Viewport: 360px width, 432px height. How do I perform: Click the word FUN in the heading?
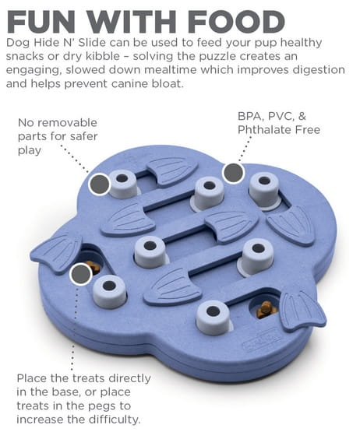[41, 22]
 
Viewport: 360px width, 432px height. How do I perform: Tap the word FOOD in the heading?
[236, 22]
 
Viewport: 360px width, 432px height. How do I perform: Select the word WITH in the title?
[132, 22]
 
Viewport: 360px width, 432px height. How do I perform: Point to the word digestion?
[319, 70]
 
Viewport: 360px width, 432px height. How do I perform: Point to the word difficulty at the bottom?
[115, 420]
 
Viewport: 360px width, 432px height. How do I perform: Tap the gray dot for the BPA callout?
[234, 173]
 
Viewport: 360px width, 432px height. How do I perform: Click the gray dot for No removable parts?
[100, 184]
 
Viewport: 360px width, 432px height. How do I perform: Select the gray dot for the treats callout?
[80, 274]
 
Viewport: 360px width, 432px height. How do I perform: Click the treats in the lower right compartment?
[266, 310]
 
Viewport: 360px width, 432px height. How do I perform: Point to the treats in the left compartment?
[94, 267]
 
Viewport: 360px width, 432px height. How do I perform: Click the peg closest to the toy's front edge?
[214, 318]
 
